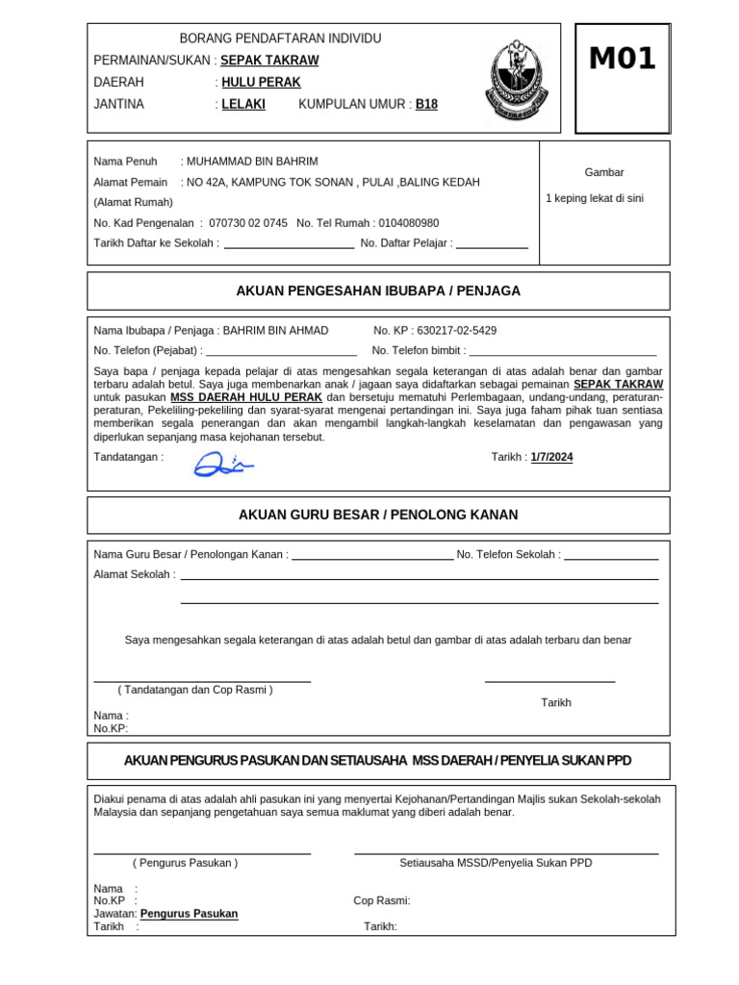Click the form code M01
622,60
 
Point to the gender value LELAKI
243,104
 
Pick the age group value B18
426,104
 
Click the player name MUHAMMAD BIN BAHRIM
252,161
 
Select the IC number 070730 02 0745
247,222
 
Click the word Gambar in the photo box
604,172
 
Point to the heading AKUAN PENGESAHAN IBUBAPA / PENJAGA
378,290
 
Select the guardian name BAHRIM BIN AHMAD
275,330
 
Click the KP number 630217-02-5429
456,330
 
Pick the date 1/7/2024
551,457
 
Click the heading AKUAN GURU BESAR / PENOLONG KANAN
378,515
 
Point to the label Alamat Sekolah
134,574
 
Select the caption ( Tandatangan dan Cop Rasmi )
195,690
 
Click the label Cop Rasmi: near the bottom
382,900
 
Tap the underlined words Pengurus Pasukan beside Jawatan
189,914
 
